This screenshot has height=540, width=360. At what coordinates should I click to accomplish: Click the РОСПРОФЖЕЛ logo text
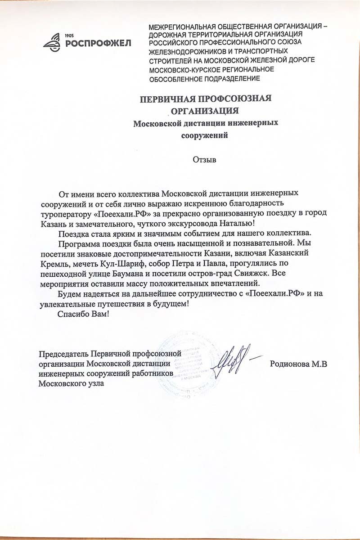[x=98, y=43]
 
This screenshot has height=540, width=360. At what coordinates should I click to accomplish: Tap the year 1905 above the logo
[x=70, y=35]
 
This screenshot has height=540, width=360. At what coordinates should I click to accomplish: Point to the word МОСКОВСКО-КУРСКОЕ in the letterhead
[x=182, y=70]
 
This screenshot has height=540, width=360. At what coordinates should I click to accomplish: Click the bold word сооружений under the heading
[x=205, y=134]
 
